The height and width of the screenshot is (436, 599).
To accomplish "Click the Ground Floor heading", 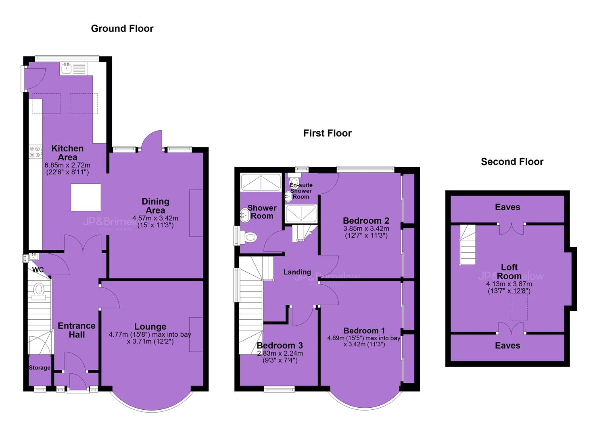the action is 122,29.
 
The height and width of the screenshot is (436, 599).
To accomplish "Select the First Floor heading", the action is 327,133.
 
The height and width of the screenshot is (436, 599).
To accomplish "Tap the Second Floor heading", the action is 512,161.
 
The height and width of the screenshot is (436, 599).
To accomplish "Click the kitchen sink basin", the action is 66,69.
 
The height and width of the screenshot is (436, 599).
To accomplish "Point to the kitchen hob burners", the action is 35,152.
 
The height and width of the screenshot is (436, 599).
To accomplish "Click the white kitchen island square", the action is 86,197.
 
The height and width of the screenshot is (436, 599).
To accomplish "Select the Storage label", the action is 40,367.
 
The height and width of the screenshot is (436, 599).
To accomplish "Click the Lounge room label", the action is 150,327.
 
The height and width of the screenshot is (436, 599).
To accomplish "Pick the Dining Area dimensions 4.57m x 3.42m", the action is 155,218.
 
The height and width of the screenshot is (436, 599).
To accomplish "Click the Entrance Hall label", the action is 77,330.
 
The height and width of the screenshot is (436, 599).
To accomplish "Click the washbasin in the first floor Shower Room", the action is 245,215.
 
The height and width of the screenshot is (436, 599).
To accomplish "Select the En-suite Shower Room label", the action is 301,191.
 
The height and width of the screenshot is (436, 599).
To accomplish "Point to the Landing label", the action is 297,272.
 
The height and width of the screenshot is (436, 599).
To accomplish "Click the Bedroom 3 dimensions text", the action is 280,357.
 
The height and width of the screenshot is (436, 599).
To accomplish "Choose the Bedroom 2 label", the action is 366,220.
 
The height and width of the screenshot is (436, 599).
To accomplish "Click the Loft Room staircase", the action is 468,245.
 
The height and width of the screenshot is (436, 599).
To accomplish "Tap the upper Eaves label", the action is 507,207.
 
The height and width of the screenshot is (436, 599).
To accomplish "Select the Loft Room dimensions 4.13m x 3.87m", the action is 509,284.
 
